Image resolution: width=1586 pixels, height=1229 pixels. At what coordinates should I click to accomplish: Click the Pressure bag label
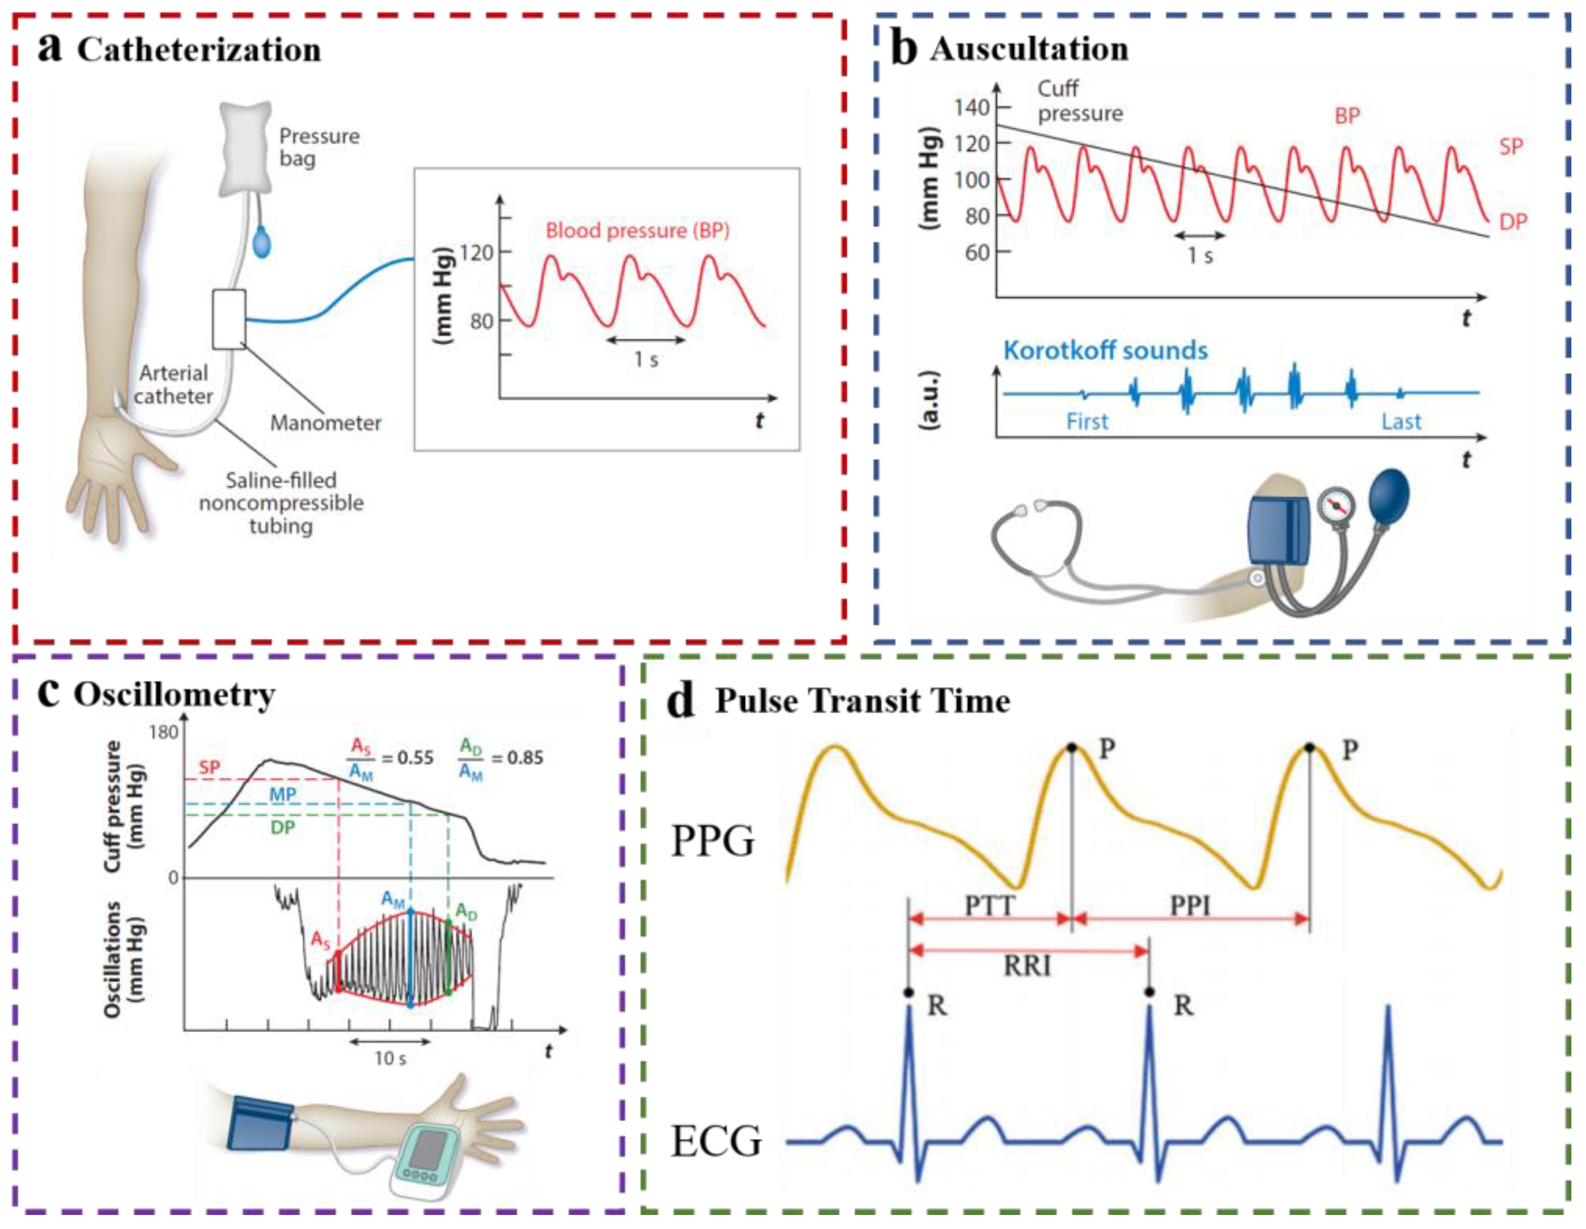(x=319, y=147)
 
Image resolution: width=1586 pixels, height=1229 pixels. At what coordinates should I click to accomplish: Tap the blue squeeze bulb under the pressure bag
(x=262, y=241)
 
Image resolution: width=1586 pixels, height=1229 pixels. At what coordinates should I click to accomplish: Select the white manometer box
(x=229, y=319)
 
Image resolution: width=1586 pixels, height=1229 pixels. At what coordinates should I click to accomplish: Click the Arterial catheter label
(x=173, y=384)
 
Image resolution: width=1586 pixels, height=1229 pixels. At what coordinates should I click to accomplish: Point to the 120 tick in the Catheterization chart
(x=476, y=253)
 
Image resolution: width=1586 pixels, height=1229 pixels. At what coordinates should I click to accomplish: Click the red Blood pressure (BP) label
(x=637, y=231)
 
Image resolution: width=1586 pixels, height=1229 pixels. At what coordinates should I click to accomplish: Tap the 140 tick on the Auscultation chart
(x=972, y=107)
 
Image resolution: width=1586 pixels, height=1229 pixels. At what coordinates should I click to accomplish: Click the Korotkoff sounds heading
(x=1105, y=350)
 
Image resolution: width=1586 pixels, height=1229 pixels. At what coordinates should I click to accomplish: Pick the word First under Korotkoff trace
(x=1087, y=422)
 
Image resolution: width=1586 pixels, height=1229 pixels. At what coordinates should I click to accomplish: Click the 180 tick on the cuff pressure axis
(x=164, y=732)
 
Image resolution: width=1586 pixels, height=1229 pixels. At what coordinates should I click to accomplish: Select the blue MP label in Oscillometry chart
(x=282, y=795)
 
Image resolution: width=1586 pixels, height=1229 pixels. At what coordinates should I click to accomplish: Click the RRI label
(x=1027, y=966)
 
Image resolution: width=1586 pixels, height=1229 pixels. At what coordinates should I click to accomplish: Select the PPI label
(x=1190, y=905)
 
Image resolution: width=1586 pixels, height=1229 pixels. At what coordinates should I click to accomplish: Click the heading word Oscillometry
(x=175, y=695)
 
